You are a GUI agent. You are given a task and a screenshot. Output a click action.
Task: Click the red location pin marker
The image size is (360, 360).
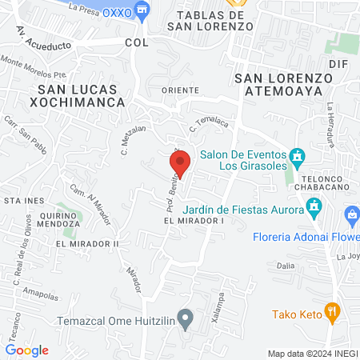[181, 163]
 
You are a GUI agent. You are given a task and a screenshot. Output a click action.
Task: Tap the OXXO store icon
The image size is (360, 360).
[143, 10]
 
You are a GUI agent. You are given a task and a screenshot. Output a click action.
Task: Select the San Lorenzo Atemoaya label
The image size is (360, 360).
[284, 85]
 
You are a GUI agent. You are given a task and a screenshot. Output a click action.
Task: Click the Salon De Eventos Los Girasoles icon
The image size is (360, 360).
[297, 155]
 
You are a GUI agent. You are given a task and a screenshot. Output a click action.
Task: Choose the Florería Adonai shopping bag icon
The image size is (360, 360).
[351, 214]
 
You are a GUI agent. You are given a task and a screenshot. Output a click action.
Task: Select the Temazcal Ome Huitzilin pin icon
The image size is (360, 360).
[186, 321]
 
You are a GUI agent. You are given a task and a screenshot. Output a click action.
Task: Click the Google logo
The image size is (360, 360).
[27, 350]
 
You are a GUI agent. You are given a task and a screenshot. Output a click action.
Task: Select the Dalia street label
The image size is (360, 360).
[286, 265]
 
